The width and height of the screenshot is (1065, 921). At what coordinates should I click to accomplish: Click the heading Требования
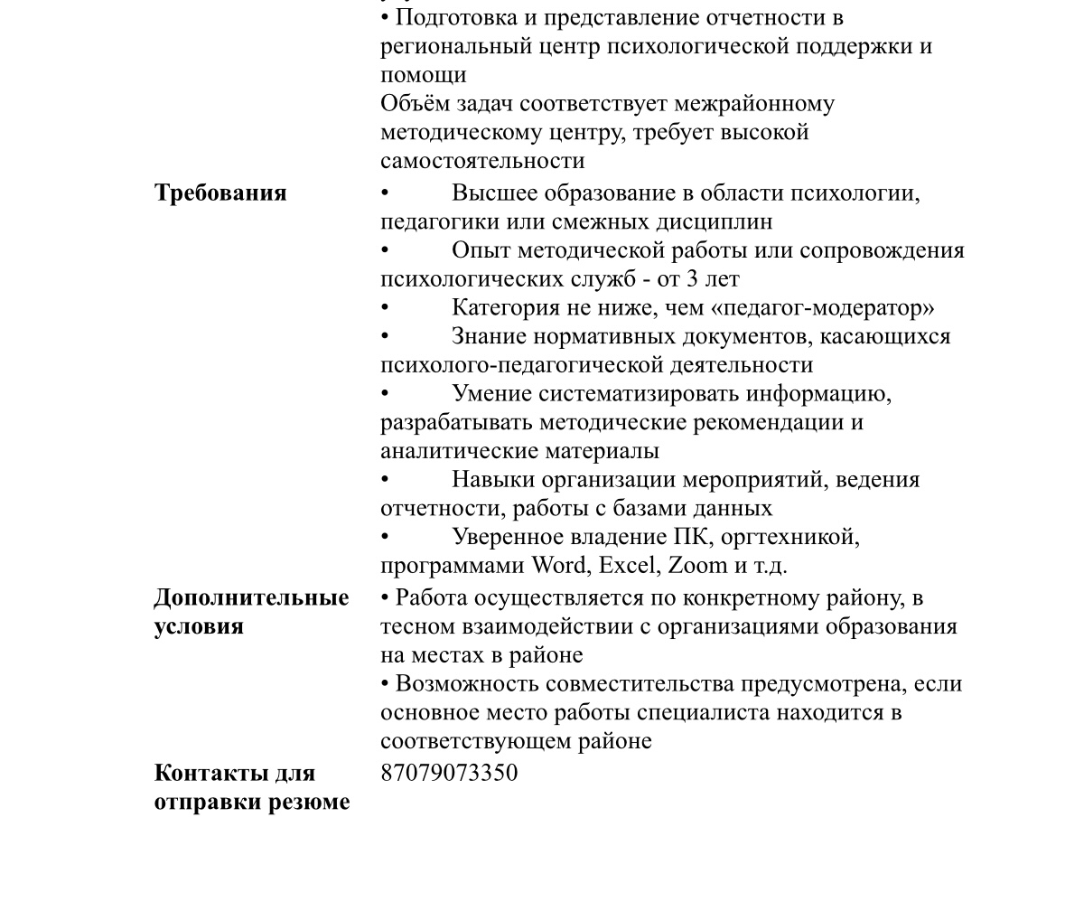(220, 193)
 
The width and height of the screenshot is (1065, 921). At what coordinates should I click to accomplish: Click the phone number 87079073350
(449, 773)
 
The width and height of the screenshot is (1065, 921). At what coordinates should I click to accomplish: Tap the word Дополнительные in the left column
(251, 598)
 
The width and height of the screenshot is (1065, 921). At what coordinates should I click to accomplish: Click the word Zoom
(697, 566)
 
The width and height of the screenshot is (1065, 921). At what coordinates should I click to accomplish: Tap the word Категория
(506, 308)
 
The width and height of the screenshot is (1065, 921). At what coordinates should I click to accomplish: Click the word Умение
(491, 394)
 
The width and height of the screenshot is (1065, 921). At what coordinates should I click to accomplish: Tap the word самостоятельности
(482, 161)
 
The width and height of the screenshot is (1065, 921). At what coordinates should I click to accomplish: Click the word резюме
(310, 802)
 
